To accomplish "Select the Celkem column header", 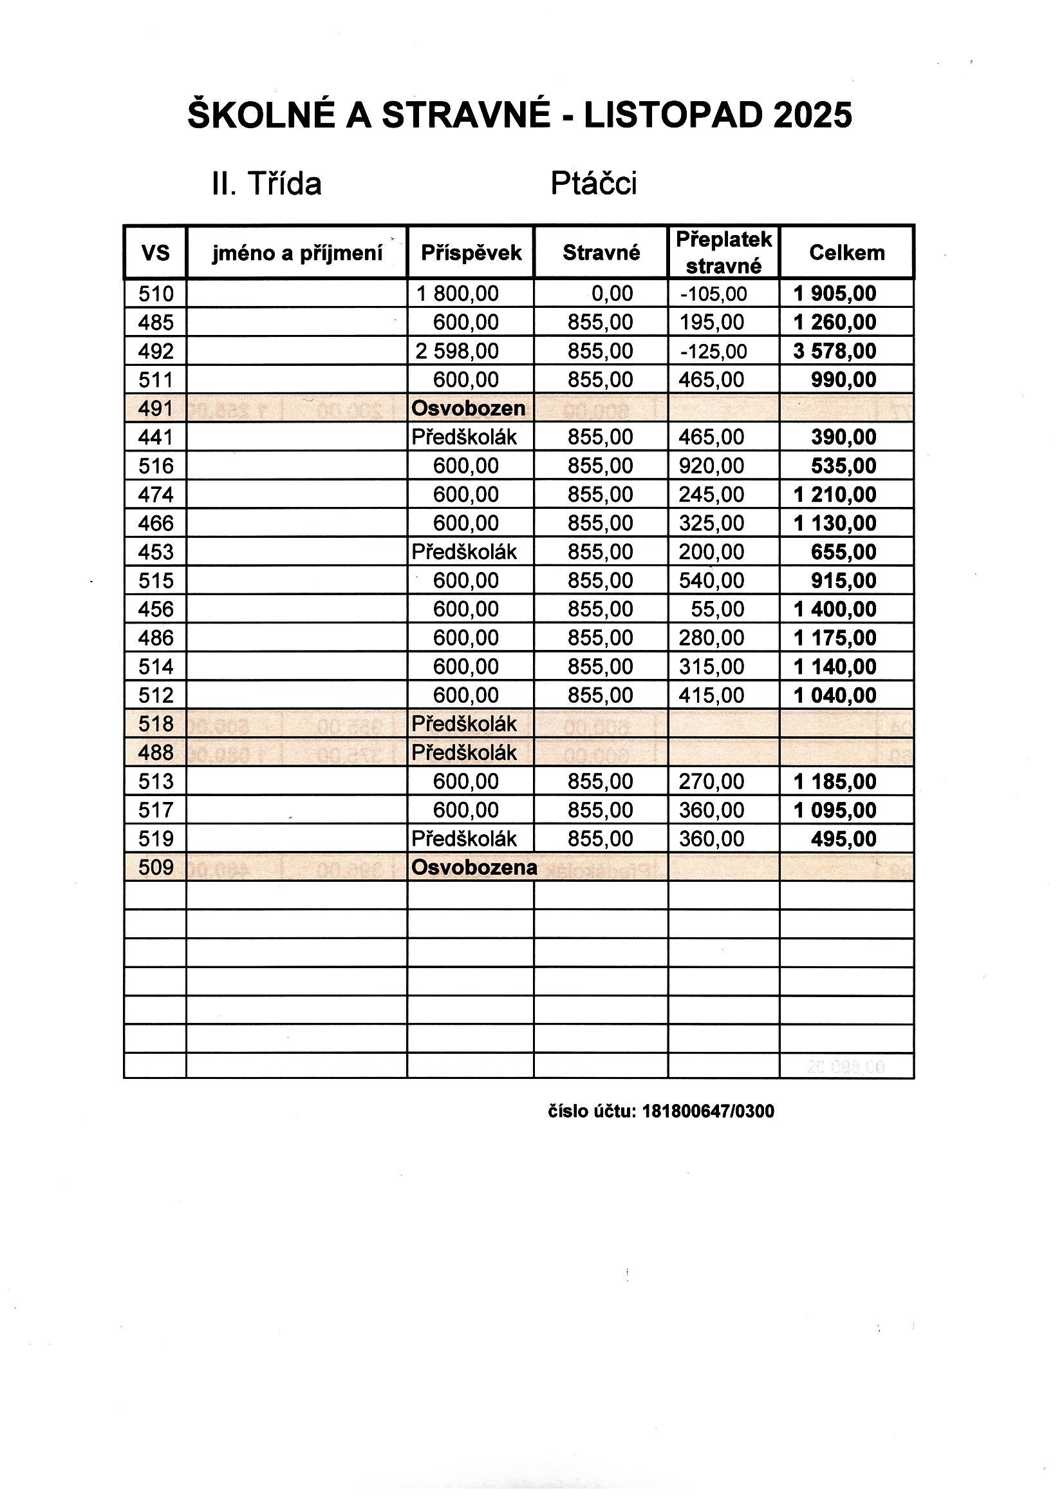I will (846, 253).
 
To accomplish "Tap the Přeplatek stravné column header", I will (723, 253).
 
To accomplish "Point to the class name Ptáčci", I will (593, 184).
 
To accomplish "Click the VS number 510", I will (155, 294).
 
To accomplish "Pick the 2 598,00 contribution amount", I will (457, 352).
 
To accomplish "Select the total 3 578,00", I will (835, 352).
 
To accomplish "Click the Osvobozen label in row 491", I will (468, 408).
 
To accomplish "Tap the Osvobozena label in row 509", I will (474, 868).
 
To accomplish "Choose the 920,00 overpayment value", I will (711, 466).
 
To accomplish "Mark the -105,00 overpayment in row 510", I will (713, 294).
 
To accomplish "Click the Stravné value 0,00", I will (611, 294).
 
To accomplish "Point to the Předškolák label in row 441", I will (464, 437).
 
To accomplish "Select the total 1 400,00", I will (835, 609).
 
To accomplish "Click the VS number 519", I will (155, 839).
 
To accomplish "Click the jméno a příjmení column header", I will (297, 253).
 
